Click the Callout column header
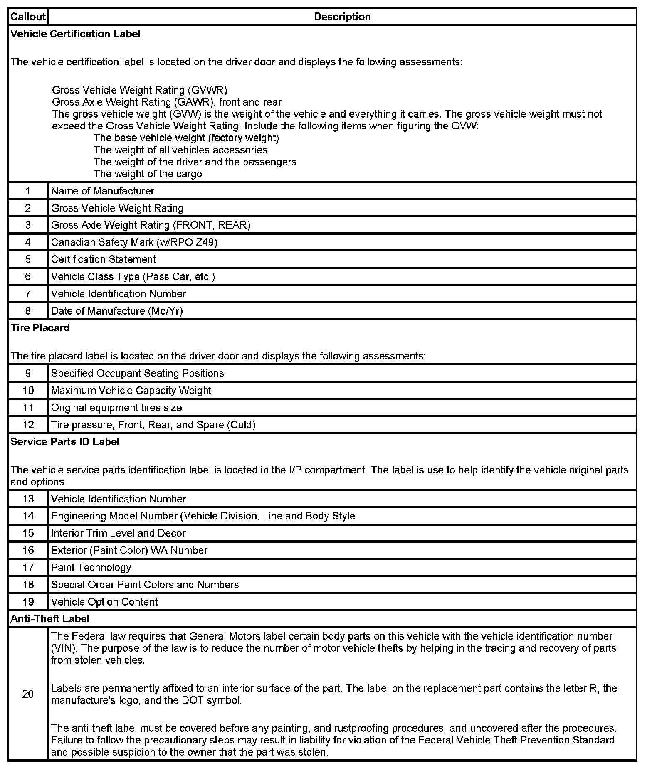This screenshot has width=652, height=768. (x=28, y=17)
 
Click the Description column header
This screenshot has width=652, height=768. (x=342, y=17)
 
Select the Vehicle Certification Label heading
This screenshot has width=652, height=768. (x=76, y=34)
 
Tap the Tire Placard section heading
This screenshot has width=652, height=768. (x=40, y=328)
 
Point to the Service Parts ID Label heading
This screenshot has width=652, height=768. (x=65, y=442)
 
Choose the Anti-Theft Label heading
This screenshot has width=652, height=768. (x=50, y=619)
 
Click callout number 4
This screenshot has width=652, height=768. (x=28, y=242)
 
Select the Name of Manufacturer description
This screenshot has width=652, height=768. (x=103, y=191)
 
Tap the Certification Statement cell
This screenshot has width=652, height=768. (x=104, y=260)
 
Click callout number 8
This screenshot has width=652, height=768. (x=28, y=311)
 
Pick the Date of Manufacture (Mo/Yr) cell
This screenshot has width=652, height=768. (x=117, y=311)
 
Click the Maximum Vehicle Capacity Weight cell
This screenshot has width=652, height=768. (x=131, y=391)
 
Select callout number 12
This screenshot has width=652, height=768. (x=28, y=425)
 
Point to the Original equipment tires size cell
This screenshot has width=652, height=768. (x=116, y=408)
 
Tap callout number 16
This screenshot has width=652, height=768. (x=28, y=551)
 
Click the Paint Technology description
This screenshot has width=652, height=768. (x=91, y=568)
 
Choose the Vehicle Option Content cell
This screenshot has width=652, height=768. (x=104, y=602)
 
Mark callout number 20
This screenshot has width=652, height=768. (x=28, y=694)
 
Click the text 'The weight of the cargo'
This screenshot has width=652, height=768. (x=148, y=174)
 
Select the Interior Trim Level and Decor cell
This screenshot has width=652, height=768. (x=118, y=533)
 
